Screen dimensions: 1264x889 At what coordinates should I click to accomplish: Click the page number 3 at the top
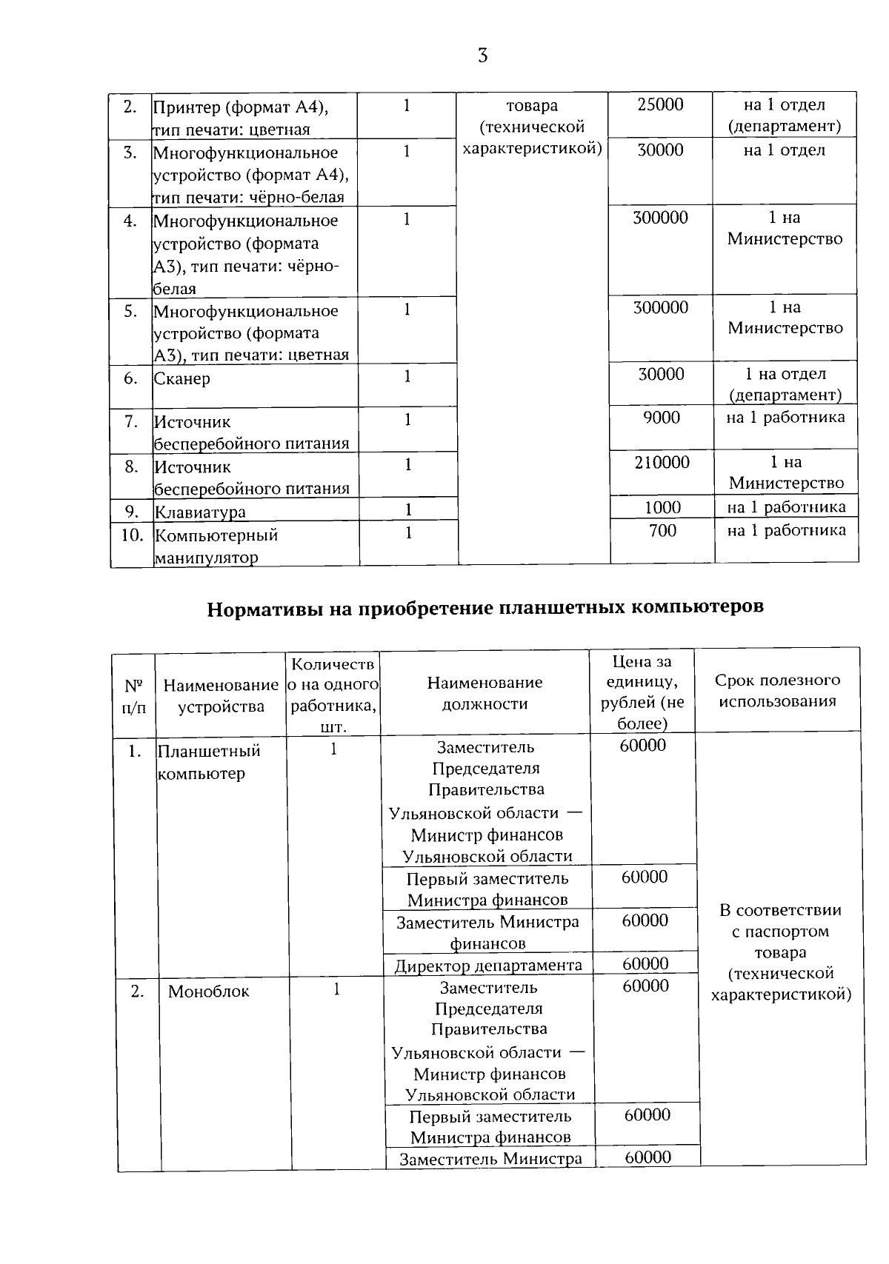click(x=482, y=56)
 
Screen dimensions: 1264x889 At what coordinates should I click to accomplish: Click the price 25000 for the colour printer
click(x=660, y=104)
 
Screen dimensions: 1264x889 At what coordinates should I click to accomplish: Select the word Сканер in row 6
click(x=182, y=378)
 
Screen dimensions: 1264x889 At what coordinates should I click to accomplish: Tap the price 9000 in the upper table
click(x=661, y=418)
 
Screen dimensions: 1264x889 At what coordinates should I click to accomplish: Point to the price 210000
click(x=661, y=463)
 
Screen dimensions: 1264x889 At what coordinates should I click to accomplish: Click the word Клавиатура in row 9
click(x=200, y=512)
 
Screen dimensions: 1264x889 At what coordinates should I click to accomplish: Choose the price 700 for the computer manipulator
click(x=662, y=530)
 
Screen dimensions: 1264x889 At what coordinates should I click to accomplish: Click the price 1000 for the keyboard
click(x=662, y=507)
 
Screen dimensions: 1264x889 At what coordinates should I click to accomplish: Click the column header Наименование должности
click(x=485, y=692)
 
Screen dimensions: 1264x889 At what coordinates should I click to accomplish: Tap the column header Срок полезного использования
click(x=777, y=690)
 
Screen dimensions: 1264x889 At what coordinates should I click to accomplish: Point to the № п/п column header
click(x=133, y=696)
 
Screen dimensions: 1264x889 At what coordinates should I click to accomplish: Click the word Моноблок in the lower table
click(x=208, y=992)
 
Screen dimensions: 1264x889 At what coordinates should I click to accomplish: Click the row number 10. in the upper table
click(x=132, y=535)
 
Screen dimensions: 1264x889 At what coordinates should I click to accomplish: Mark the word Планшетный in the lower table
click(x=209, y=751)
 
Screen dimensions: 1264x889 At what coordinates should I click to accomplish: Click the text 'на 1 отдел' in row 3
click(x=784, y=150)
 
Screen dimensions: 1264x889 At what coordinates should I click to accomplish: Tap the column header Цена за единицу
click(x=642, y=692)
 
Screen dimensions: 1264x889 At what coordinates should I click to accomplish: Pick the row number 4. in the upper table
click(x=130, y=220)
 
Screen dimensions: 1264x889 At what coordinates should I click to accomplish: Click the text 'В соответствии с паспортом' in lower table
click(x=780, y=920)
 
